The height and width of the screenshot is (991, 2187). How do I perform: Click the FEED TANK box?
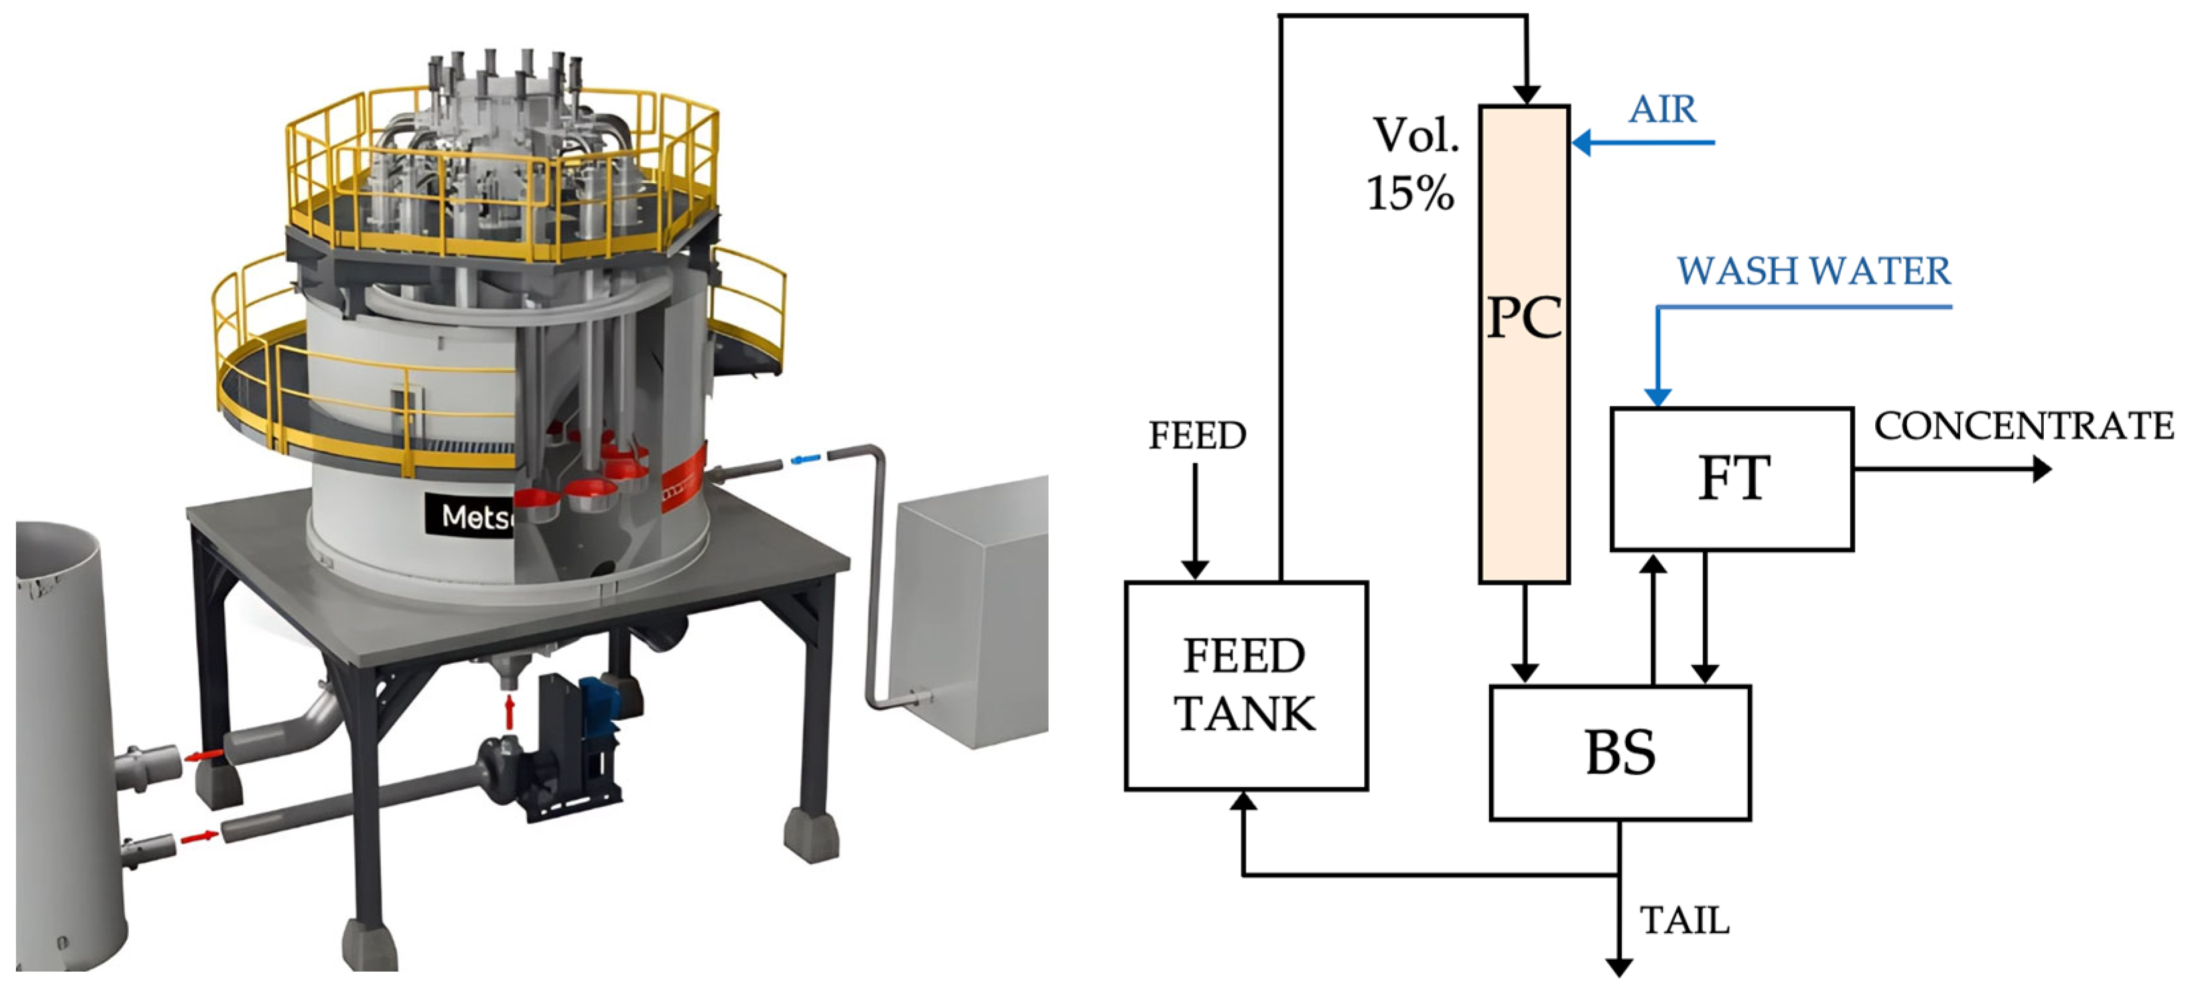(x=1246, y=685)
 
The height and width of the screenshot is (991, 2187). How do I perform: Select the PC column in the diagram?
(x=1524, y=344)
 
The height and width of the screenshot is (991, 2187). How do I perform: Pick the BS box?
(x=1620, y=753)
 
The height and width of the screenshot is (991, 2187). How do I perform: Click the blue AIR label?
(x=1662, y=110)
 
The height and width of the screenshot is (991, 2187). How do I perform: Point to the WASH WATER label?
(x=1814, y=271)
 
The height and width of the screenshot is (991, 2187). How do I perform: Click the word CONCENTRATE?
(x=2023, y=426)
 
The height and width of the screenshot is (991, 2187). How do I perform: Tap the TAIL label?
(x=1684, y=921)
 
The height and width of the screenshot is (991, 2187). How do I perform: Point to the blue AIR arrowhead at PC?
(x=1581, y=143)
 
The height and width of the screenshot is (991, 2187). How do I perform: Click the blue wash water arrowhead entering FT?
(x=1657, y=396)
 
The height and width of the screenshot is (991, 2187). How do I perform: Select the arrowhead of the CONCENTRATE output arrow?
(x=2042, y=469)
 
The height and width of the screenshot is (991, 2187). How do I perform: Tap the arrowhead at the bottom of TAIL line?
(x=1619, y=967)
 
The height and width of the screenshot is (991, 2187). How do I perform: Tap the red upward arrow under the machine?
(x=509, y=711)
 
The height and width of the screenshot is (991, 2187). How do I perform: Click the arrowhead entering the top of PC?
(x=1526, y=94)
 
